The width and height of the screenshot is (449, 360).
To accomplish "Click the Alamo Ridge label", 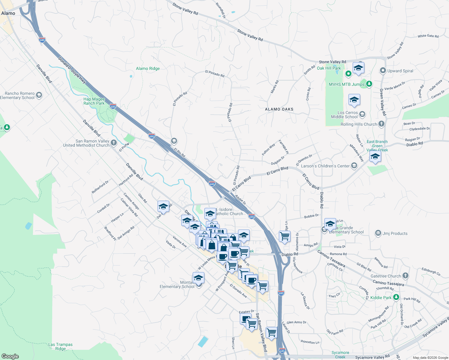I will click(x=148, y=68).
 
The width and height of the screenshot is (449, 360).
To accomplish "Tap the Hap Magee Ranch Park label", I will click(x=94, y=101).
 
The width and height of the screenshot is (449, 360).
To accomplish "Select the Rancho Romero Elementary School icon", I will click(x=39, y=95).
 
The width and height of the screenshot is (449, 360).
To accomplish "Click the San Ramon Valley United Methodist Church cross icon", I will click(x=114, y=143).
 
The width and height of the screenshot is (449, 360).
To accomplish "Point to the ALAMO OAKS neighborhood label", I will click(x=279, y=109).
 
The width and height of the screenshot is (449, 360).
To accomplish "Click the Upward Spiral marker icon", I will click(x=383, y=71).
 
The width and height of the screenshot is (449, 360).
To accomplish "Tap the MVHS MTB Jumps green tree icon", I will click(x=369, y=84).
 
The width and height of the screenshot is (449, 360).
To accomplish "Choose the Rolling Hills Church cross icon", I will click(x=381, y=124).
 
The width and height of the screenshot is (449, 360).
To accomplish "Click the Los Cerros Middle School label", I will click(x=344, y=115).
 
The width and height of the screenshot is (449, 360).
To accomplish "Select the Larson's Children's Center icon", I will click(x=354, y=166).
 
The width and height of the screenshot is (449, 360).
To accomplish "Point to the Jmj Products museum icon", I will click(x=378, y=233).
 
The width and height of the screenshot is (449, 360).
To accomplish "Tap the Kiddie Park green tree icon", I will click(x=396, y=297).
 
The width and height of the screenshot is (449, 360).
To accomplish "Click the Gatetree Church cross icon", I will click(x=405, y=276).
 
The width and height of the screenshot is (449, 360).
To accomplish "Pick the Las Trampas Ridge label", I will click(x=60, y=346).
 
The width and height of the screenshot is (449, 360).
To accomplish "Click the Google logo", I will click(x=10, y=356).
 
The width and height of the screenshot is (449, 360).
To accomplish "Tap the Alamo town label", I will click(x=8, y=13).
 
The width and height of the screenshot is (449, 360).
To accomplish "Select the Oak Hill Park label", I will click(x=329, y=68).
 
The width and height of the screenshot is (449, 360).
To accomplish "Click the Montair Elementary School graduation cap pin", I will click(x=198, y=278).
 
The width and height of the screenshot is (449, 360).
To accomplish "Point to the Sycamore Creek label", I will click(x=340, y=355).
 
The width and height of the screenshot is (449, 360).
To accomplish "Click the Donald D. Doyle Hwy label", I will click(x=72, y=70).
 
